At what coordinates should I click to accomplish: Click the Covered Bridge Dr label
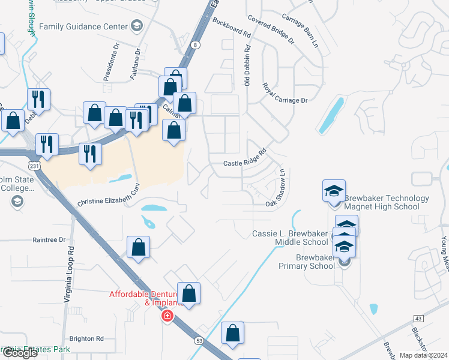coord(271,31)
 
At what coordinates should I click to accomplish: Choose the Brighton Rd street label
coord(86,338)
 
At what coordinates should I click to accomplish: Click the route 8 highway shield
coord(196,45)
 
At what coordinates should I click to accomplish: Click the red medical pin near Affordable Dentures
coord(167,316)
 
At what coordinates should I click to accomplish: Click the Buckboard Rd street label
coord(231,28)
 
